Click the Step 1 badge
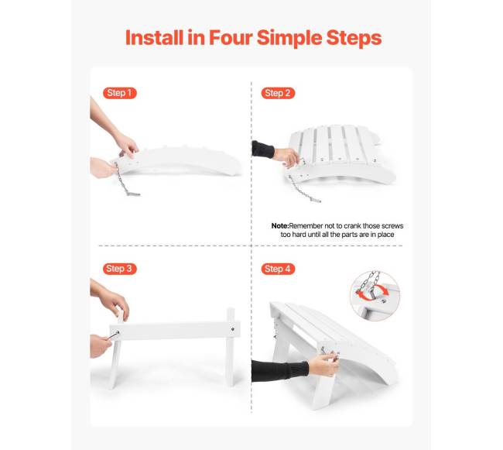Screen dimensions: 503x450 pos(120,93)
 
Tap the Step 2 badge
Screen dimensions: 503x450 pos(278,93)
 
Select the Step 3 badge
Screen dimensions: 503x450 pos(120,269)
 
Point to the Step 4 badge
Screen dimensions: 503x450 pos(278,269)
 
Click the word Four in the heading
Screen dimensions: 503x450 pos(231,37)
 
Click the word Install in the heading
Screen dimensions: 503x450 pos(154,37)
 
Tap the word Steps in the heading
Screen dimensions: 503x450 pos(354,38)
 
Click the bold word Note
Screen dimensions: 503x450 pos(279,226)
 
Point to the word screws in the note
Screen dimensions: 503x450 pos(392,226)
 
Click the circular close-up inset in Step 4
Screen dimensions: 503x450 pos(375,295)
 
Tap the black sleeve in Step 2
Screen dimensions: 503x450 pos(263,149)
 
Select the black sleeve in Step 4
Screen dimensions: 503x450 pos(279,370)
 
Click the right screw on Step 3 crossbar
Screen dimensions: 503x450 pos(233,329)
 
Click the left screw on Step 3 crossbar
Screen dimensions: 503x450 pos(118,332)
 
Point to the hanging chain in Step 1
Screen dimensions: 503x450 pos(125,180)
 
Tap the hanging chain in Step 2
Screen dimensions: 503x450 pos(303,190)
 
